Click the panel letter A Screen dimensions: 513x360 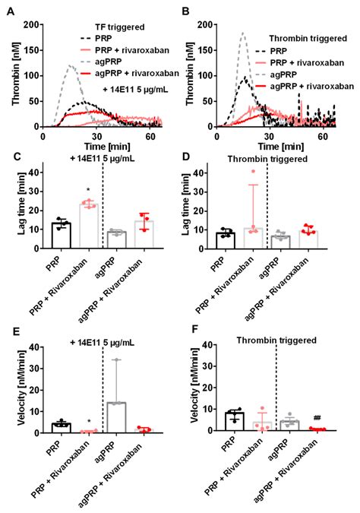(x=8, y=9)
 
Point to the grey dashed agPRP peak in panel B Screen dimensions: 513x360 (x=243, y=33)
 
